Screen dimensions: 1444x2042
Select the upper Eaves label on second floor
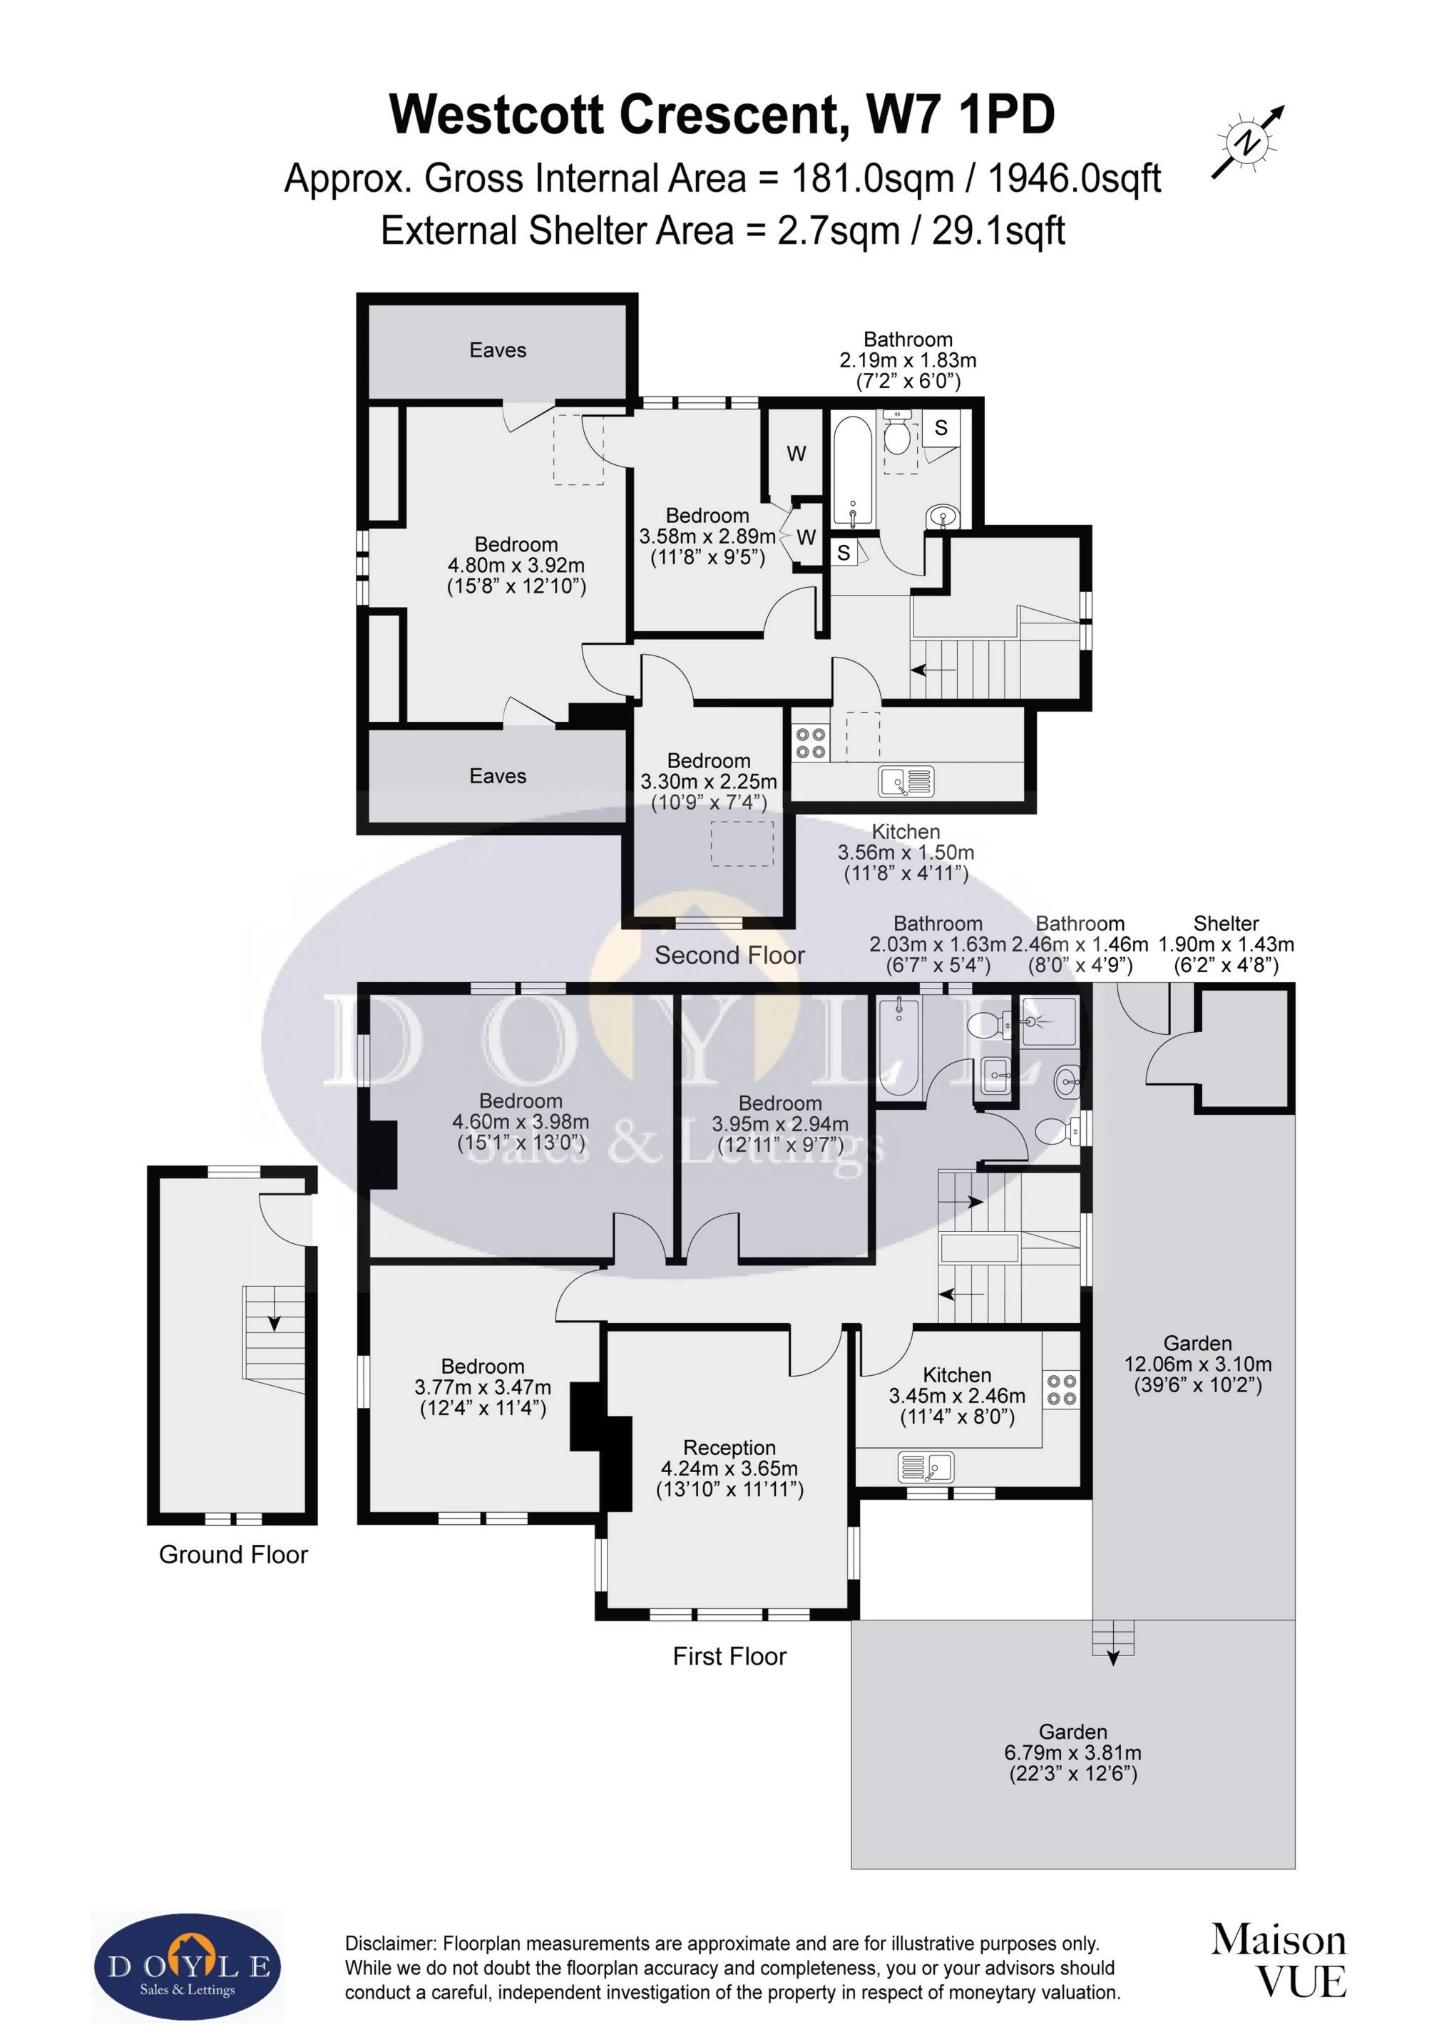[x=498, y=350]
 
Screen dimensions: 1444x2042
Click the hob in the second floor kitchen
[x=810, y=742]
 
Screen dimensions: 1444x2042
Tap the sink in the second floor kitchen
[x=906, y=782]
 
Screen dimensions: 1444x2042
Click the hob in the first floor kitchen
[x=1062, y=1390]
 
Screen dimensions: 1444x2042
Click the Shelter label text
[x=1227, y=923]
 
